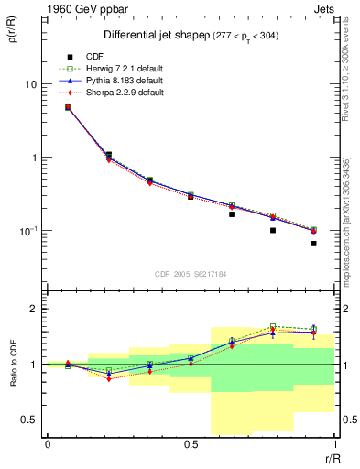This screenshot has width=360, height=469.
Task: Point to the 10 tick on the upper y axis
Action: point(29,84)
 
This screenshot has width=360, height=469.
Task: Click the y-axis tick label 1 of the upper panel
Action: point(32,158)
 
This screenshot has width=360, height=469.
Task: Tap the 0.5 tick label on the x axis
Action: point(191,445)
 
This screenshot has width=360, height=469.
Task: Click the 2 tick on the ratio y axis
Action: point(33,309)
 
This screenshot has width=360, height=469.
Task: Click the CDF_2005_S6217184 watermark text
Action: point(190,274)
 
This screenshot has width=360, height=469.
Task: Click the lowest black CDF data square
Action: point(313,244)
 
